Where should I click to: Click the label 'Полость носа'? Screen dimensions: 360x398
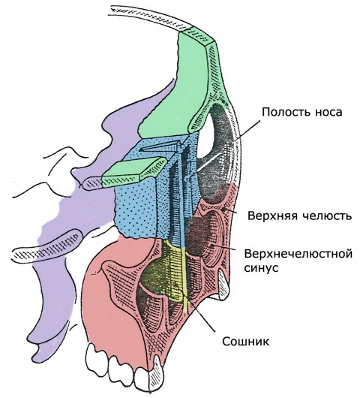pos(302,112)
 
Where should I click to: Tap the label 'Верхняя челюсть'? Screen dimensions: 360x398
pos(300,216)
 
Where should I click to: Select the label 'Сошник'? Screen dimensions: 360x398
pos(246,342)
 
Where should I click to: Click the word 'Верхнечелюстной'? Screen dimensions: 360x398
pos(298,254)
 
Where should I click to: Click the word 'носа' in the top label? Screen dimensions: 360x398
pos(328,112)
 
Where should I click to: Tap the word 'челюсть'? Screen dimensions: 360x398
pos(327,216)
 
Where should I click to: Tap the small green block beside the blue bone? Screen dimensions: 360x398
pos(132,169)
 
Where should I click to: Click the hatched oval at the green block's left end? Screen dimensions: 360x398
pos(92,183)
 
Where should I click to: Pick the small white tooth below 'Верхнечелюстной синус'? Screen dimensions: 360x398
pos(223,285)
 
